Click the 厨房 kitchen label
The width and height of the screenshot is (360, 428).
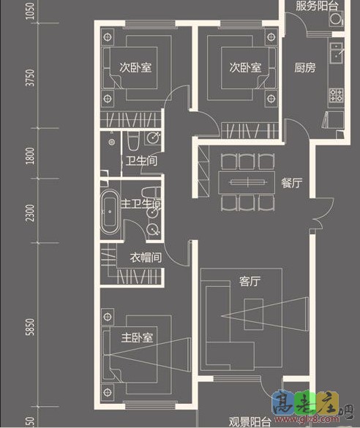tap(304, 68)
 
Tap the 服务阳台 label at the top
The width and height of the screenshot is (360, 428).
tap(317, 7)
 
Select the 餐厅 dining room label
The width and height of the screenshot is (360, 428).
tap(291, 183)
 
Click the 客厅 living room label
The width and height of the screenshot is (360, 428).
tap(250, 280)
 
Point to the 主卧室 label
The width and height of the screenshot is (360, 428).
tap(137, 338)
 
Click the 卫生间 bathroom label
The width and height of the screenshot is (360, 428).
tap(140, 161)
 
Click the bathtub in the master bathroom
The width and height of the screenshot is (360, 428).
tap(109, 211)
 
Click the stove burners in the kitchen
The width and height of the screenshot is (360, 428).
tap(337, 94)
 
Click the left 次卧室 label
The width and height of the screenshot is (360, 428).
tap(135, 68)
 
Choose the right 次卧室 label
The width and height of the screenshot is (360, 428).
tap(245, 68)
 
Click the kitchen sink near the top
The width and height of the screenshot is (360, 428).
tap(337, 52)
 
